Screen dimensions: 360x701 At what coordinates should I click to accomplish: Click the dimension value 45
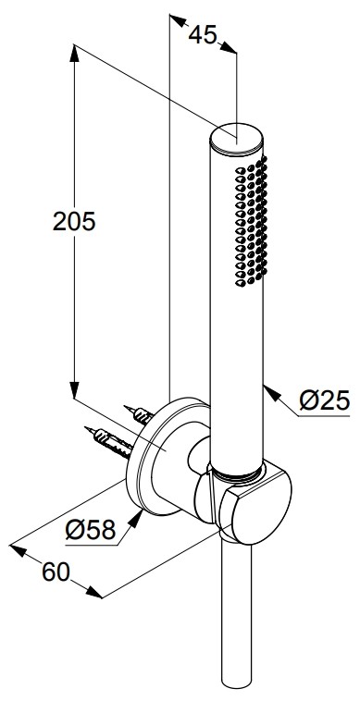point(202,34)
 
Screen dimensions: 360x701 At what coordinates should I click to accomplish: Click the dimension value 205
point(74,221)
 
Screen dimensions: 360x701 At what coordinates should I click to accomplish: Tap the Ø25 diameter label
point(325,400)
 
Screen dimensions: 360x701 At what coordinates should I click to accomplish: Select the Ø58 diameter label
point(91,531)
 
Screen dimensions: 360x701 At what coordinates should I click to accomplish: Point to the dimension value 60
point(56,572)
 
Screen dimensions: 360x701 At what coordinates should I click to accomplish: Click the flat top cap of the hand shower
point(238,139)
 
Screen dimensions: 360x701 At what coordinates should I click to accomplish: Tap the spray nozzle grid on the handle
point(251,221)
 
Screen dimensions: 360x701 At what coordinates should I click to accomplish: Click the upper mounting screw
point(139,414)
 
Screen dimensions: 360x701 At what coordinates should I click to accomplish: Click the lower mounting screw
point(108,442)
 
